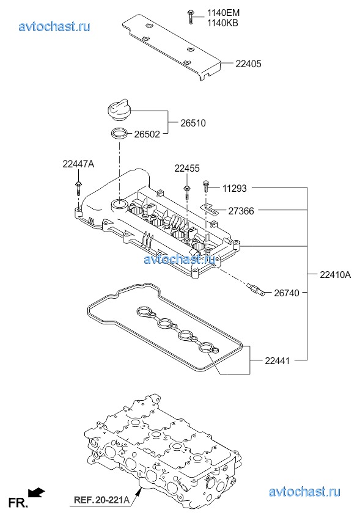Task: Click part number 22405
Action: [x=248, y=64]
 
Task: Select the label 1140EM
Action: [x=223, y=13]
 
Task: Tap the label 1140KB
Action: [x=222, y=23]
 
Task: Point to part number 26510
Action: [x=193, y=123]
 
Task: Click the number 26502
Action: [x=147, y=134]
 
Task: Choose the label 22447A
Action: [x=78, y=164]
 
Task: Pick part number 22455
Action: [x=187, y=169]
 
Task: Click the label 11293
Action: [x=234, y=188]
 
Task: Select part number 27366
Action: [x=241, y=211]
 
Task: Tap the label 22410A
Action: [x=335, y=274]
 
